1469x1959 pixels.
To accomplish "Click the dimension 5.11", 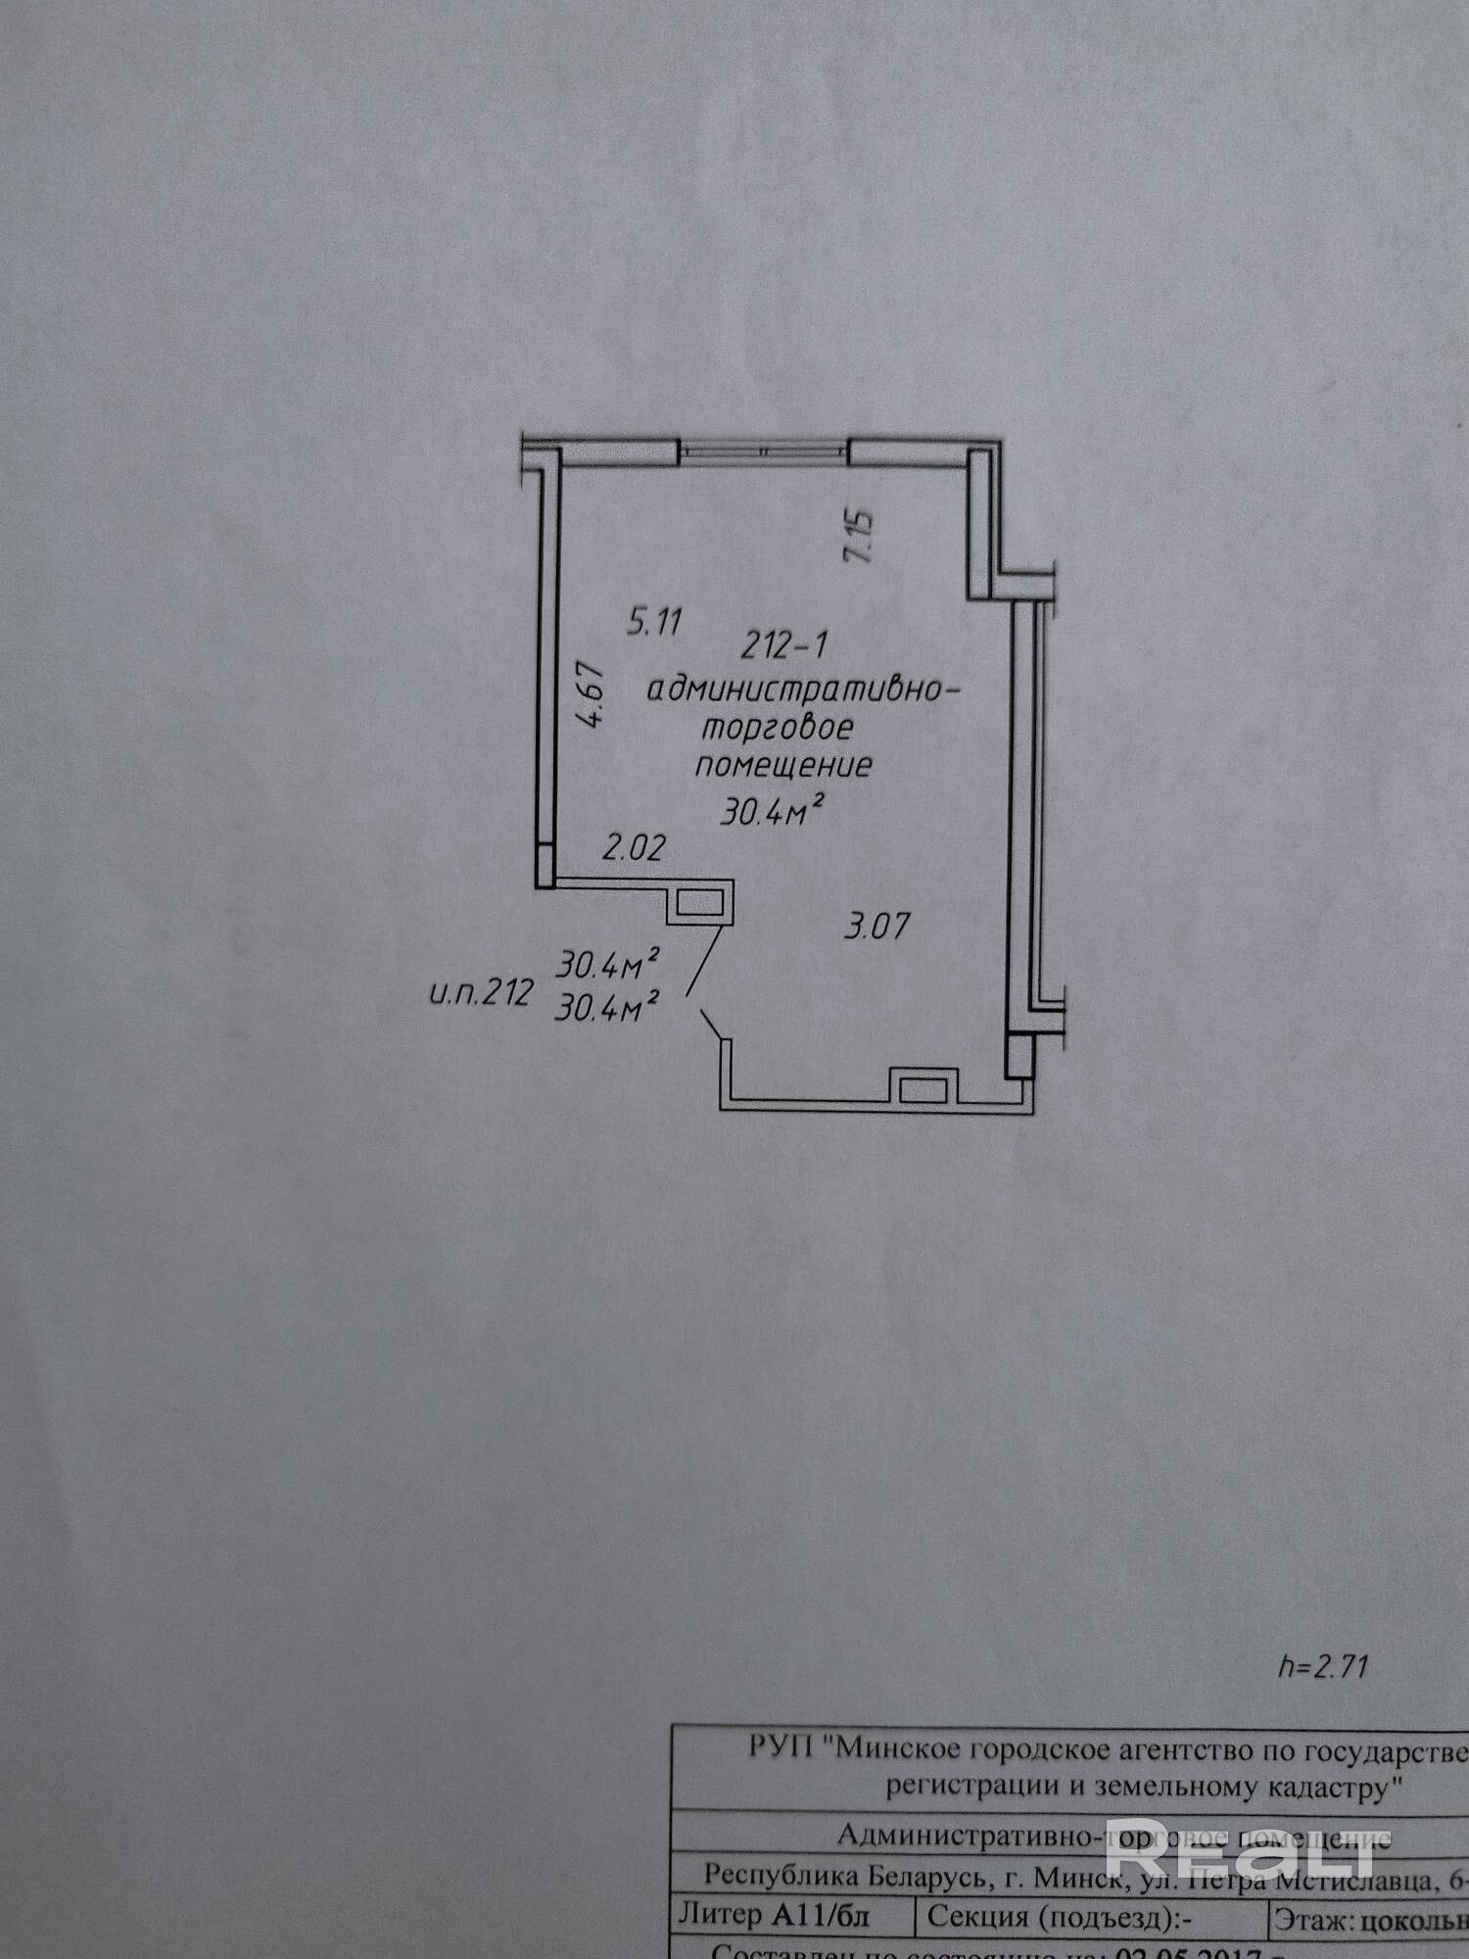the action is tap(655, 622).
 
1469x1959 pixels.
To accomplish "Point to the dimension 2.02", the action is tap(634, 847).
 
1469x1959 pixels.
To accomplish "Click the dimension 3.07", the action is tap(877, 926).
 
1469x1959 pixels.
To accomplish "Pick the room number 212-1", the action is tap(784, 645).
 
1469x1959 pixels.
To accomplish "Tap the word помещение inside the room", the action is tap(783, 765).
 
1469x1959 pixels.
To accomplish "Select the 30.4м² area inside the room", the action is tap(770, 811).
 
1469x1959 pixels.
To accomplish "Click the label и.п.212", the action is tap(480, 994).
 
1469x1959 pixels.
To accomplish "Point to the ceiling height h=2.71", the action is tap(1321, 1666).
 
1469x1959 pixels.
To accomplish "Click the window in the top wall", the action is tap(764, 451).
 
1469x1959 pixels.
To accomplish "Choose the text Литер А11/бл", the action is tap(774, 1914).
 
